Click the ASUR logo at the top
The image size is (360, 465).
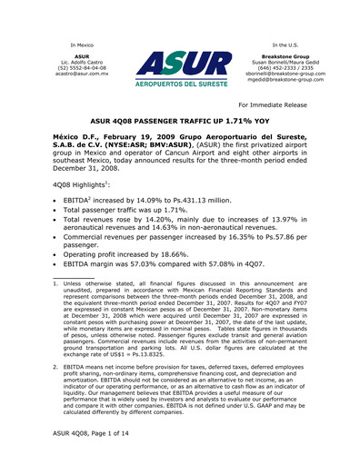180,69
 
